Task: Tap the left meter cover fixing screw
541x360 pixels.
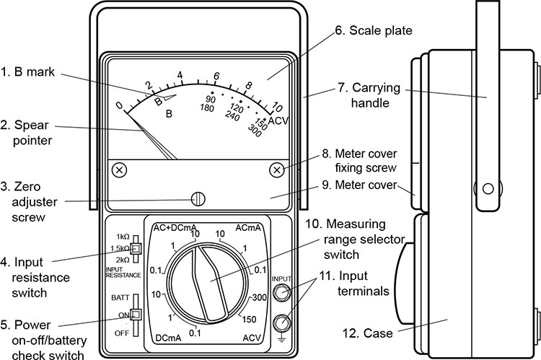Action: [120, 170]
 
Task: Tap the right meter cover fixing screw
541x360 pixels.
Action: [276, 170]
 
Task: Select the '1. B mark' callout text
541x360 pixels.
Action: [33, 71]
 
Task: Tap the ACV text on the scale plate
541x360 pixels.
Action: [278, 120]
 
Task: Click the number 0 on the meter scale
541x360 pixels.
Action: [120, 106]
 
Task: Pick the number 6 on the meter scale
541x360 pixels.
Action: [216, 76]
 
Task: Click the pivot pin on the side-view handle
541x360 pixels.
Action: [488, 189]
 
